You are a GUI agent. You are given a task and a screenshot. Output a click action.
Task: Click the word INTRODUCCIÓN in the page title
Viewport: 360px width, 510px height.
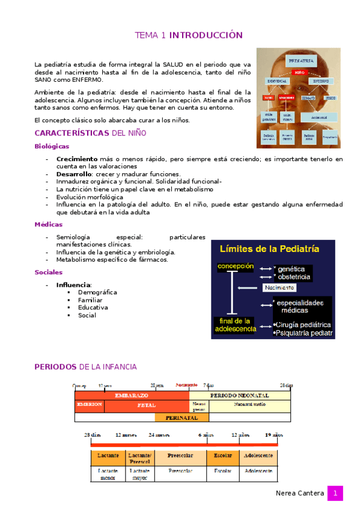206,36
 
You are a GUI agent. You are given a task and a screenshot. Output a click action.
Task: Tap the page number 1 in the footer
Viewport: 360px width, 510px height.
335,494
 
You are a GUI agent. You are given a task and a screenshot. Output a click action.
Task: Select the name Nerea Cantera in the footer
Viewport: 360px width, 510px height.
299,494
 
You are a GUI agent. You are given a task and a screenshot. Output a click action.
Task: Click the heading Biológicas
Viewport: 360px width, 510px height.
52,146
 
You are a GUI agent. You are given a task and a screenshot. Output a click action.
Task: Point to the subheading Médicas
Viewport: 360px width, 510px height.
48,224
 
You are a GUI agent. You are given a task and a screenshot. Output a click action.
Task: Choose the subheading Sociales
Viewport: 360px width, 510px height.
49,272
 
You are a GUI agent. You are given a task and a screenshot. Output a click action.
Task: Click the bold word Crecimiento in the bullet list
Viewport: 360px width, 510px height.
77,159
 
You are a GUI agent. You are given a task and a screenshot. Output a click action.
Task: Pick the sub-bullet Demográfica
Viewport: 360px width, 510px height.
97,292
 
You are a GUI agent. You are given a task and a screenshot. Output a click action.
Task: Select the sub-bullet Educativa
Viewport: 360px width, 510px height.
93,307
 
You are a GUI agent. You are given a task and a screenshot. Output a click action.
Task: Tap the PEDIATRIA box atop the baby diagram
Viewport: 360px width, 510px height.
300,61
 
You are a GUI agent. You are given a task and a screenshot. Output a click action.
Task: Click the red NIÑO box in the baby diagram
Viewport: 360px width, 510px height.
299,72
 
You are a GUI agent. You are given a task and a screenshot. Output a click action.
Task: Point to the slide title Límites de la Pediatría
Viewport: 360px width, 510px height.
269,248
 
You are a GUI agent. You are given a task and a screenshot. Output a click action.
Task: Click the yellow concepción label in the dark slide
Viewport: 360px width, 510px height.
236,266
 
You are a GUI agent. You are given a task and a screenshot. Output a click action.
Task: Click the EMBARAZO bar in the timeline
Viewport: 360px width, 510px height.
131,396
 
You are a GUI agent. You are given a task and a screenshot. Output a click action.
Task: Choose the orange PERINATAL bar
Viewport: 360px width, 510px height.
182,417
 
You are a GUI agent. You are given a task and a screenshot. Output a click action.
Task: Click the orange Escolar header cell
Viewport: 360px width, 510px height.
222,456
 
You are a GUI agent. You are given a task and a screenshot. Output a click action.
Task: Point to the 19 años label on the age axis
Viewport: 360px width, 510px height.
273,434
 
